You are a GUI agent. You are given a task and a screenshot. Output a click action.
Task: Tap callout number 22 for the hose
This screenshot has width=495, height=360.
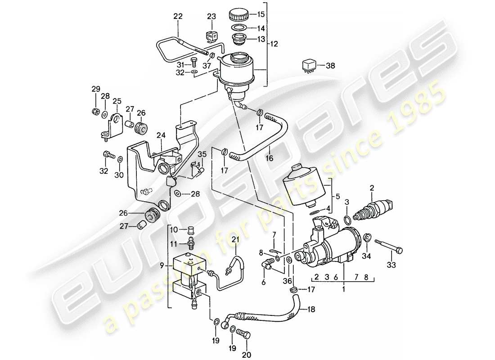[178, 17]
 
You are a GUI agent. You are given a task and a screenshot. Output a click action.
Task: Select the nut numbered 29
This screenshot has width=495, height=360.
[95, 111]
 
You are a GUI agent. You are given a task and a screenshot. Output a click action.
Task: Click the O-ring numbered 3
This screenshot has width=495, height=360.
[347, 220]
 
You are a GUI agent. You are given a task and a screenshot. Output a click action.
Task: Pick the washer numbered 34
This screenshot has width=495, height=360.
[367, 238]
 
